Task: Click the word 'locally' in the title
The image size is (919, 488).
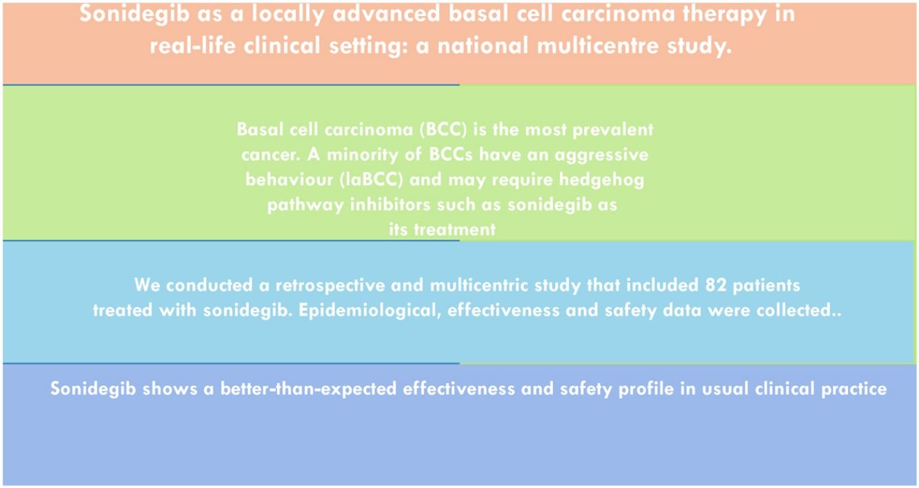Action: pyautogui.click(x=288, y=14)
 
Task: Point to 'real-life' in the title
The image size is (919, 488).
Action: pyautogui.click(x=193, y=45)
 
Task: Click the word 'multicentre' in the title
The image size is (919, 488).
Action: pyautogui.click(x=598, y=45)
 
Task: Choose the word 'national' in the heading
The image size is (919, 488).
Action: pyautogui.click(x=483, y=45)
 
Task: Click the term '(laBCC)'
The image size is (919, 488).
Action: pyautogui.click(x=372, y=180)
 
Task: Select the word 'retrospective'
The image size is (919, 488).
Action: pyautogui.click(x=330, y=285)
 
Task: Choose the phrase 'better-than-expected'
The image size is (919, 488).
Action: pyautogui.click(x=308, y=389)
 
